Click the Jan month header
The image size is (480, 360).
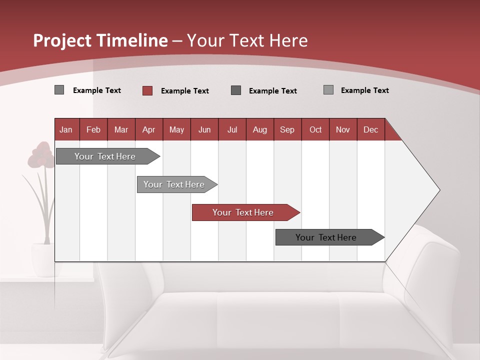tap(66, 129)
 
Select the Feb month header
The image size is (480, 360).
tap(93, 129)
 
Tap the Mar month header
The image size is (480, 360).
tap(121, 129)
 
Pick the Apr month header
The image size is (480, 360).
tap(149, 129)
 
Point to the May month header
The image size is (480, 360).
tap(176, 129)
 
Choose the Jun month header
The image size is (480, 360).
tap(204, 129)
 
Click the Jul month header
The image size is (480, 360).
tap(232, 129)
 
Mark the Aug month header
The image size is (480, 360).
tap(260, 129)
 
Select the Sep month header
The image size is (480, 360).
tap(287, 129)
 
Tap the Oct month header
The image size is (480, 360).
tap(315, 129)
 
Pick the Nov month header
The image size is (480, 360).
tap(343, 129)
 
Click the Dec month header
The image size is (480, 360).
tap(371, 129)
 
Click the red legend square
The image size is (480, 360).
tap(147, 90)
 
